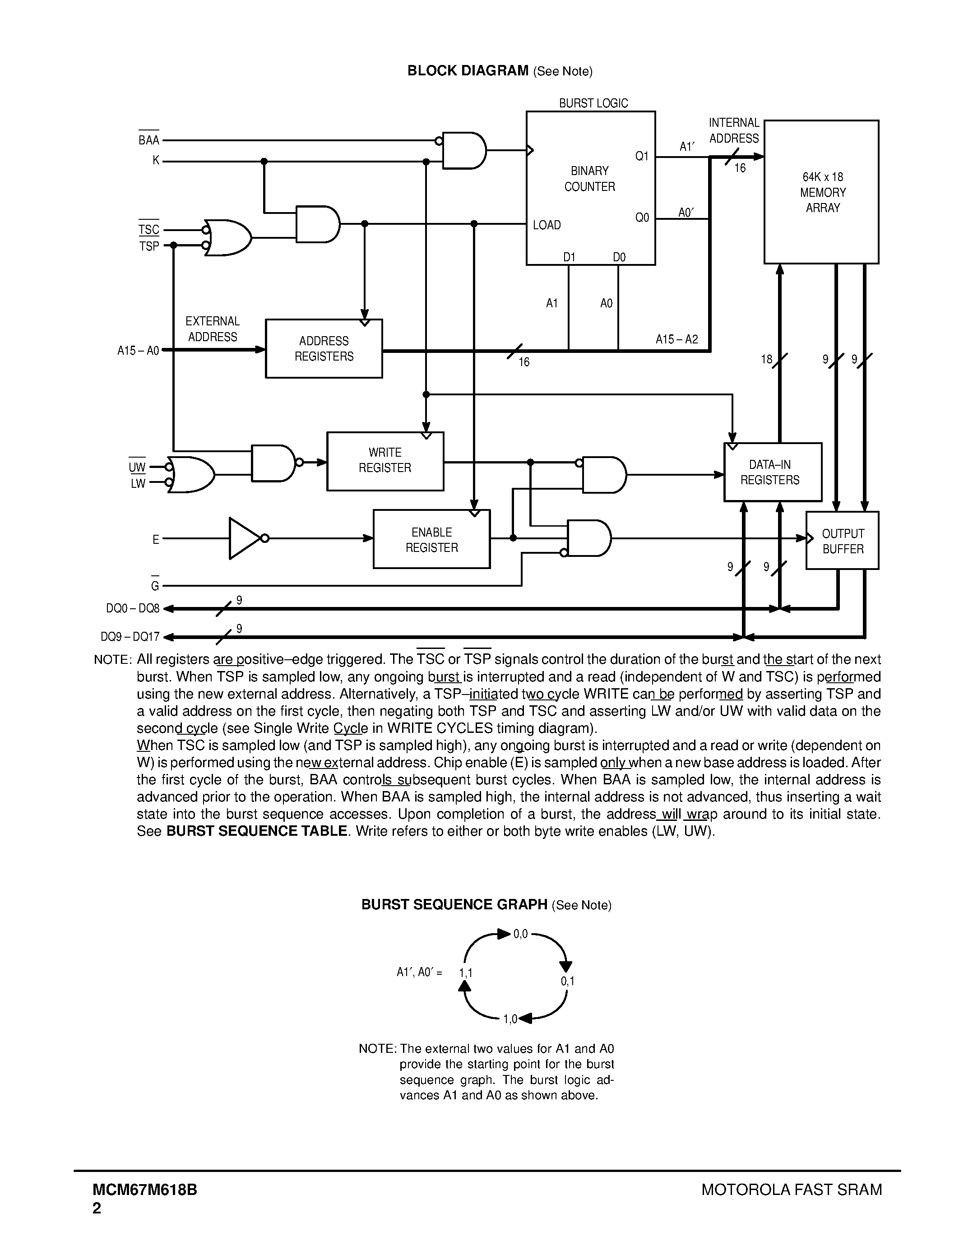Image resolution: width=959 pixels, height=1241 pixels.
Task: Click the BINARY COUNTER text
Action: [x=590, y=179]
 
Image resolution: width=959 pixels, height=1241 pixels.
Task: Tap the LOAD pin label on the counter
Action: [x=547, y=225]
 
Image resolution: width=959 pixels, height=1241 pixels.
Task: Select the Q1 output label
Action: [x=642, y=156]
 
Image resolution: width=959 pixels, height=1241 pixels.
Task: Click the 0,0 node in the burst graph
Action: [x=520, y=934]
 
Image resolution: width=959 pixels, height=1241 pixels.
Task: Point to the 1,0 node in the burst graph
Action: [x=510, y=1019]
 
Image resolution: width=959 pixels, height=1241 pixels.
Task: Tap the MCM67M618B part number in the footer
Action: [x=145, y=1189]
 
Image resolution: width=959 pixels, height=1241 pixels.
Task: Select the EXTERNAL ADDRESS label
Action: [x=213, y=329]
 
